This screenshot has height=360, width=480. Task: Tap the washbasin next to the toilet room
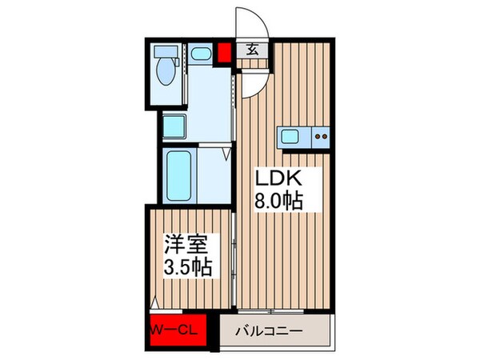(x=202, y=55)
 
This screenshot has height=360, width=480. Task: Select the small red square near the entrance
(x=224, y=54)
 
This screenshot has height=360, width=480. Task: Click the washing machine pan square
(x=175, y=126)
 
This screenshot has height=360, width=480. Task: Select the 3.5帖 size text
(x=189, y=266)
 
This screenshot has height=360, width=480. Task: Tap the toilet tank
(x=167, y=50)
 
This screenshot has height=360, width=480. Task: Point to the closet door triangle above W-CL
(x=154, y=304)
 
